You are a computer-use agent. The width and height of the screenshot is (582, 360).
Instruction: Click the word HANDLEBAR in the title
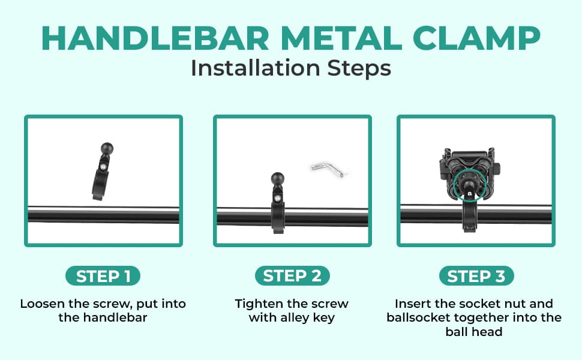click(x=155, y=38)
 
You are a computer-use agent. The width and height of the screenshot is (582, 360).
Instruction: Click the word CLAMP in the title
click(x=476, y=38)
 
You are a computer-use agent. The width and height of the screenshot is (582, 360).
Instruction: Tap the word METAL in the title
click(x=341, y=38)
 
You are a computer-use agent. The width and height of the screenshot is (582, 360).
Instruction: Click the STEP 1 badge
click(x=103, y=276)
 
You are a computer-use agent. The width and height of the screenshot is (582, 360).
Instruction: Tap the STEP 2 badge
click(x=292, y=276)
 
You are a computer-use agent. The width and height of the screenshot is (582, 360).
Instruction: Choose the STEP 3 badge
click(x=476, y=276)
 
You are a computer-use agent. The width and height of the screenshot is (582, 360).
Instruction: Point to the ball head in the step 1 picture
click(x=107, y=149)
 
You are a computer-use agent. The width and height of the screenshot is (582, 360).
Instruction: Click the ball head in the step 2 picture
click(x=278, y=179)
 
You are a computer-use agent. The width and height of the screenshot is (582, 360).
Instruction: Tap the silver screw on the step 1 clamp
click(x=103, y=167)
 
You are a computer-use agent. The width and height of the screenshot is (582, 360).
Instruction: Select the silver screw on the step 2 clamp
click(x=278, y=198)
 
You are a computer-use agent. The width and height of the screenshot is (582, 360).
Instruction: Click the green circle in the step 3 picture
click(x=454, y=185)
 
